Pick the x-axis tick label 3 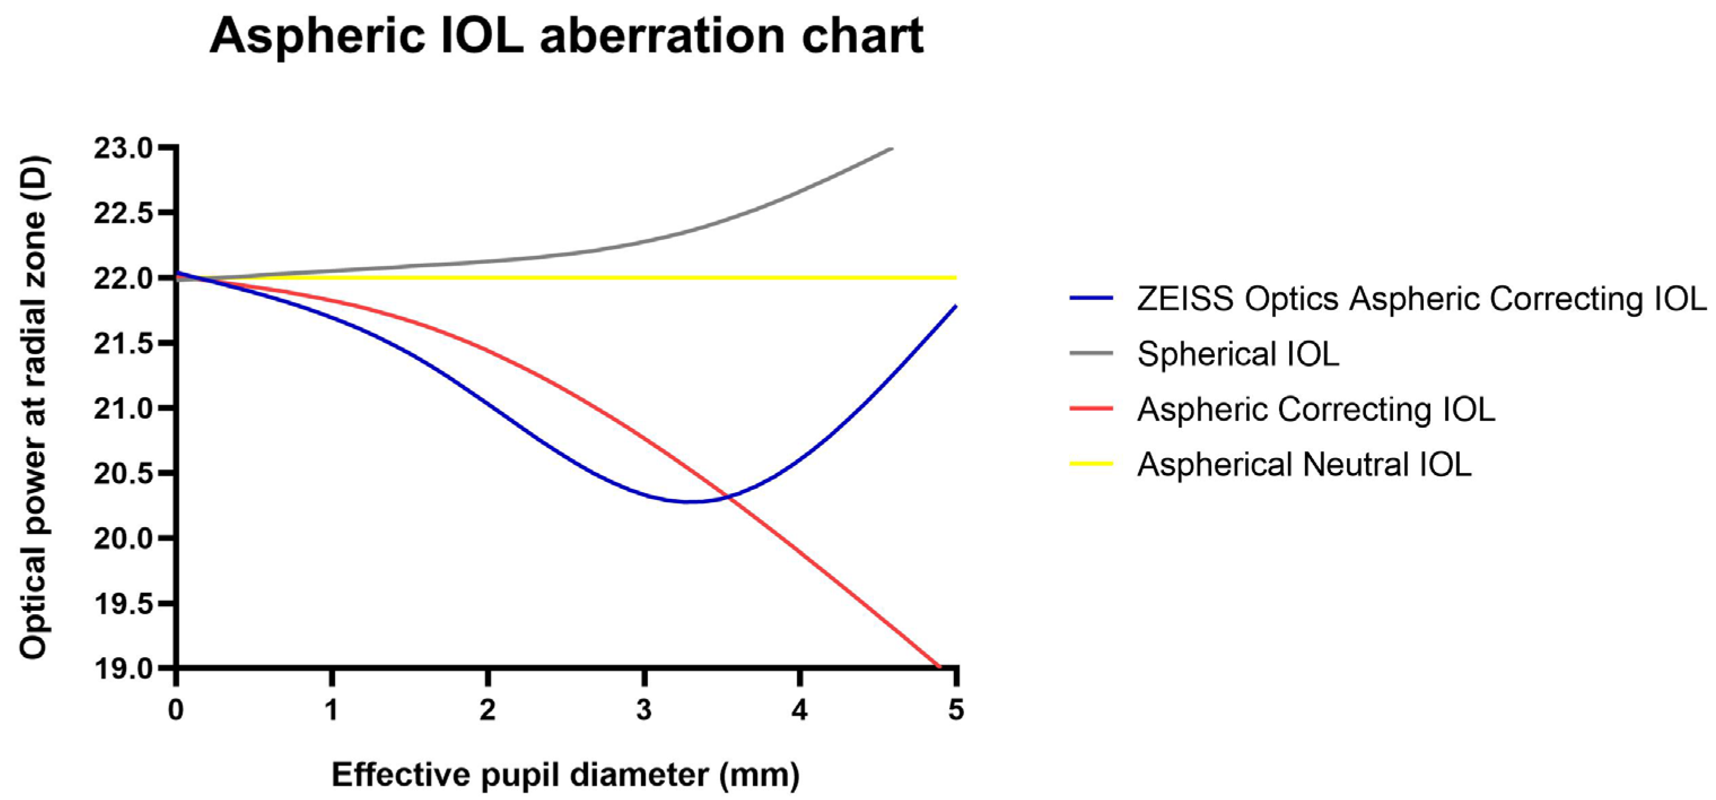643,710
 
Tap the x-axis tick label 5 956,710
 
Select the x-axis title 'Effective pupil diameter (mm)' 566,775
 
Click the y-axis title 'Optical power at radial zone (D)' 33,407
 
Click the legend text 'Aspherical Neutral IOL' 1304,464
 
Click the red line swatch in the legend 1091,408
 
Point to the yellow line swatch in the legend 1091,464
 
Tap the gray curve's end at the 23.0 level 890,149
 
